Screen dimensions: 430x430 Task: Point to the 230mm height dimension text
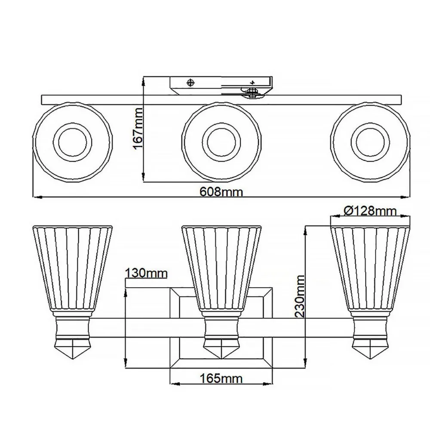click(x=300, y=296)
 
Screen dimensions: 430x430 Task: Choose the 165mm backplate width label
click(x=221, y=378)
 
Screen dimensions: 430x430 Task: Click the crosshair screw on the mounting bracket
click(x=190, y=82)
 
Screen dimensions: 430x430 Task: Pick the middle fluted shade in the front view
click(x=221, y=267)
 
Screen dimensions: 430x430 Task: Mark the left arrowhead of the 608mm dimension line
click(x=36, y=197)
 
